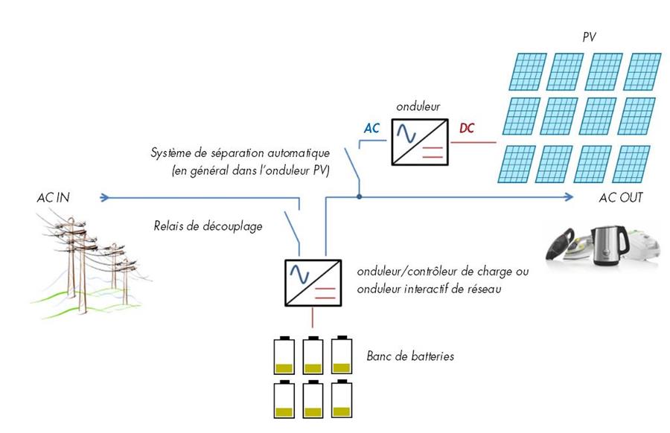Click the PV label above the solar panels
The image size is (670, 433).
(x=590, y=36)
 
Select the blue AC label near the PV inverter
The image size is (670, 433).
(x=371, y=128)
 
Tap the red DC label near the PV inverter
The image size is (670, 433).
(x=467, y=128)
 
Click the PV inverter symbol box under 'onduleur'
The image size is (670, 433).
(x=418, y=142)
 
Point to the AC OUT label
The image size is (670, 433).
(x=621, y=198)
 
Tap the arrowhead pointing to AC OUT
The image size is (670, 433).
(x=569, y=197)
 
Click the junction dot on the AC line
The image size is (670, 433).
(x=359, y=197)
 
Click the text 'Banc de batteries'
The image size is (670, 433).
(x=410, y=356)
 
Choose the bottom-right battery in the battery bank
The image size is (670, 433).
(x=341, y=400)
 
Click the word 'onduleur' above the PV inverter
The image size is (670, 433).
(x=418, y=106)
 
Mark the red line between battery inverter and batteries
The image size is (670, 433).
(x=313, y=318)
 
